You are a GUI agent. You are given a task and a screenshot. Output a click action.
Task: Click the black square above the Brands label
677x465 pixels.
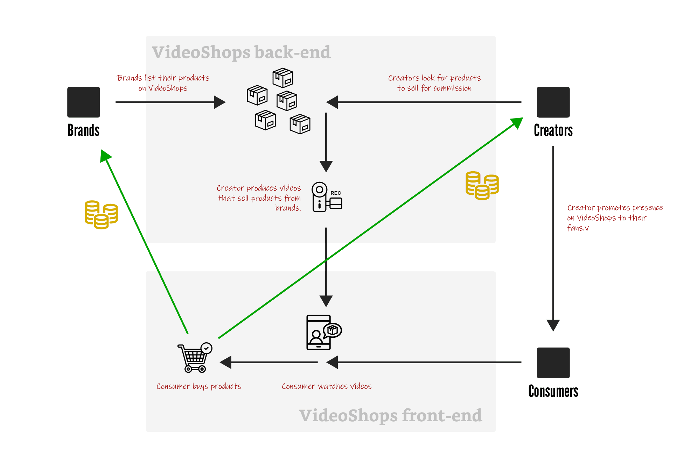[84, 102]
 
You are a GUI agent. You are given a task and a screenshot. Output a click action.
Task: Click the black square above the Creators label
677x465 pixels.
[553, 102]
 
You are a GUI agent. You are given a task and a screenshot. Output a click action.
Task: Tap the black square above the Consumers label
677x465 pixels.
[553, 363]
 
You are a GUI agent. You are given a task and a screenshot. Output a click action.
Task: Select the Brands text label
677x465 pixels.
[84, 130]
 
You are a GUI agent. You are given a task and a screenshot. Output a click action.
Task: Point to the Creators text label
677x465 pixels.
[553, 130]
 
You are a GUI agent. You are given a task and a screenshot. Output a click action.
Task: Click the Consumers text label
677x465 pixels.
[553, 391]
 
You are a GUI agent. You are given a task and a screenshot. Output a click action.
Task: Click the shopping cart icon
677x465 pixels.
[195, 357]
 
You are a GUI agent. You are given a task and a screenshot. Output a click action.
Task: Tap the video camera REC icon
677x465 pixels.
[326, 197]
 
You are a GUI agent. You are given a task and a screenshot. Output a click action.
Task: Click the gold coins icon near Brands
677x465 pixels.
[101, 215]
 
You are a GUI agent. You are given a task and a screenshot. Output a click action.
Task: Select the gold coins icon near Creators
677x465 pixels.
[482, 186]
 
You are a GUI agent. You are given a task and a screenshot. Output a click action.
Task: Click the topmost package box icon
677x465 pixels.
[283, 78]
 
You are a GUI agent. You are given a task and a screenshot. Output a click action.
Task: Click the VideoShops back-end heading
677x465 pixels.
[241, 52]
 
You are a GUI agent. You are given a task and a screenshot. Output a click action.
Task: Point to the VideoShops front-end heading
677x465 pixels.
[390, 416]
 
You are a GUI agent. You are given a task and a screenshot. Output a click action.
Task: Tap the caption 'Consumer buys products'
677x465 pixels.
[199, 386]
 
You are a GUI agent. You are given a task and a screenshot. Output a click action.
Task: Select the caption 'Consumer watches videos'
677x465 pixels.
[327, 386]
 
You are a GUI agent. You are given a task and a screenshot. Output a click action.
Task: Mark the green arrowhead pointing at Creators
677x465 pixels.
[517, 123]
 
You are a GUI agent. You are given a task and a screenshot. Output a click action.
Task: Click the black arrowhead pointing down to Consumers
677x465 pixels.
[553, 325]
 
